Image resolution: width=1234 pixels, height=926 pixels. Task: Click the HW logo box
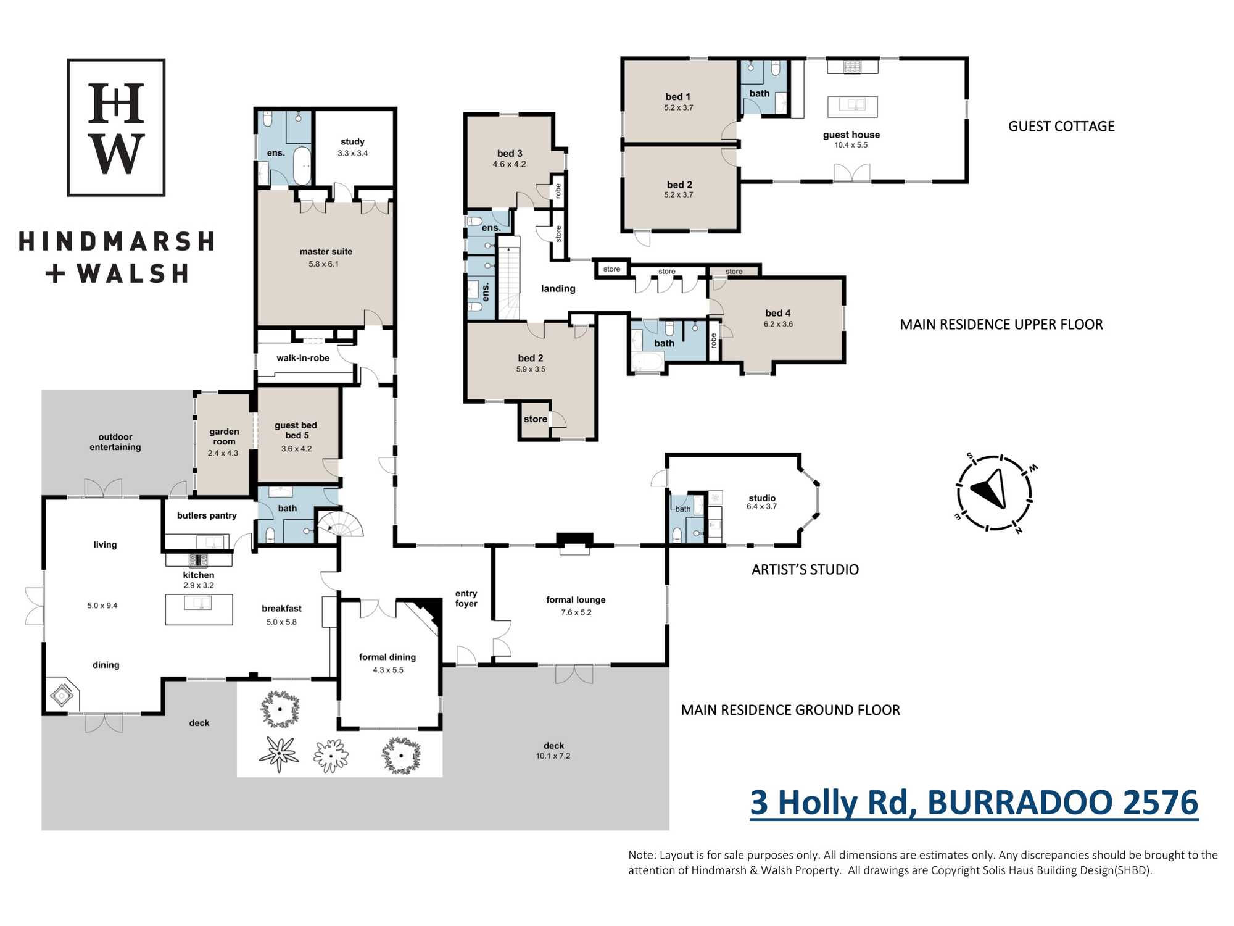tap(116, 127)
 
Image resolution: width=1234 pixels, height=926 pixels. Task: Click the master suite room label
tap(326, 252)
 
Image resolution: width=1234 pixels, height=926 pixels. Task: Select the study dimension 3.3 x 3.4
tap(352, 153)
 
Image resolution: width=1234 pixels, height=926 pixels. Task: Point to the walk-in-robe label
tap(303, 358)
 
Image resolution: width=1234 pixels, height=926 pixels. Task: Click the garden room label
tap(224, 436)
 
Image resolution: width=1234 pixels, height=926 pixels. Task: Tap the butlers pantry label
tap(207, 515)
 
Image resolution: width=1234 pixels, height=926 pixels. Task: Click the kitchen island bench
tap(199, 609)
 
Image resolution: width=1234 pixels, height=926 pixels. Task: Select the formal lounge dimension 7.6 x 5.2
tap(576, 612)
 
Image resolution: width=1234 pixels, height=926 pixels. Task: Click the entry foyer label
tap(466, 598)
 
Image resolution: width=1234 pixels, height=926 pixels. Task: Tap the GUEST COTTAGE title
tap(1061, 127)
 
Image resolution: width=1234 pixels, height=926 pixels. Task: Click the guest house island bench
tap(852, 106)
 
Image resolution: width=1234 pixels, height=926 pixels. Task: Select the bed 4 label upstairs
tap(777, 313)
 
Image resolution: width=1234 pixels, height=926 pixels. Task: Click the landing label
tap(558, 289)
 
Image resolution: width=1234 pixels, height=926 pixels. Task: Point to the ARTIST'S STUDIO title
tap(805, 569)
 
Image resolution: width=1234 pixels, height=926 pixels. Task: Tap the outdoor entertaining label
tap(115, 442)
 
